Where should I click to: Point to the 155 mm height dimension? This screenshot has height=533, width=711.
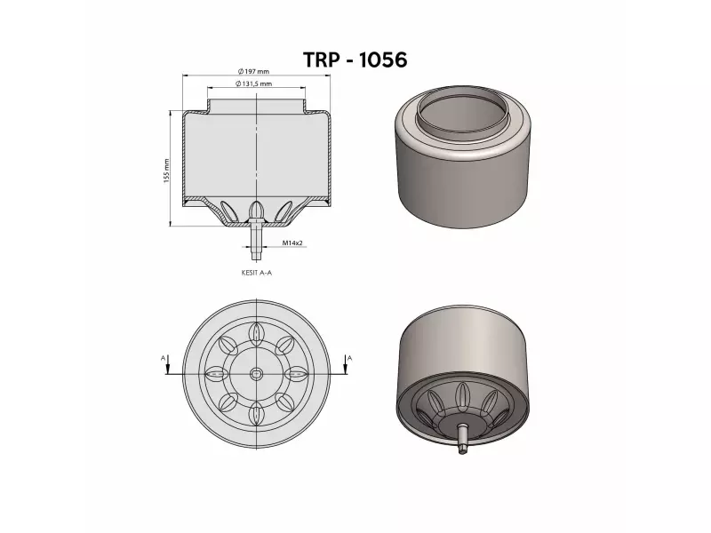pos(166,171)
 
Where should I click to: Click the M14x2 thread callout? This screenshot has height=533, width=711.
pos(293,242)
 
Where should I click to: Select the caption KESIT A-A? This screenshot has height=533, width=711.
pos(256,274)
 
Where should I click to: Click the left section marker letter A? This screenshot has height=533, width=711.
pos(164,357)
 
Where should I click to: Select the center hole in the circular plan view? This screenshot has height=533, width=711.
pos(256,373)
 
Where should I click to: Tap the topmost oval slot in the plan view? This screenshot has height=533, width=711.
pos(256,331)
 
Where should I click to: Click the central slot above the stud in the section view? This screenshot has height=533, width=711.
pos(256,210)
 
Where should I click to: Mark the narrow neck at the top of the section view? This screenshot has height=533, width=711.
pos(256,104)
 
